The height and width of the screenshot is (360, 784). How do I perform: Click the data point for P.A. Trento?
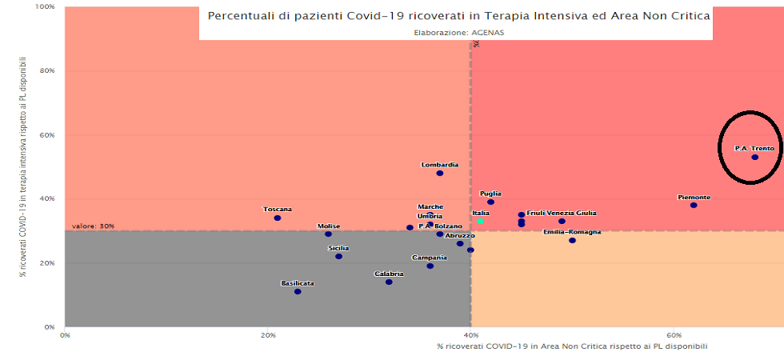tap(754, 157)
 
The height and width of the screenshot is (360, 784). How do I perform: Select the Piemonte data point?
tap(694, 205)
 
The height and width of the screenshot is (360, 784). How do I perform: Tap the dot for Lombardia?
tap(439, 173)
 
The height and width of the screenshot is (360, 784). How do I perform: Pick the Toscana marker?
tap(277, 218)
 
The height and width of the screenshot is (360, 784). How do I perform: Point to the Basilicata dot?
tap(298, 291)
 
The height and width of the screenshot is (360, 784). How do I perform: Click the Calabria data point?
tap(389, 282)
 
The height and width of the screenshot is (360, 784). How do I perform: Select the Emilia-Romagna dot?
tap(572, 240)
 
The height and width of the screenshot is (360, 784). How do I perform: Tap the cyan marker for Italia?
tap(481, 221)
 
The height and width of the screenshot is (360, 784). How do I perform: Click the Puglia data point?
tap(490, 202)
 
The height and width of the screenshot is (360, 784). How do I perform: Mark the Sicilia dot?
tap(338, 256)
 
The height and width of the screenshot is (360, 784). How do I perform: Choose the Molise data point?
tap(328, 234)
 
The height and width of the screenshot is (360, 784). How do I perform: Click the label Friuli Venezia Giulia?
tap(561, 214)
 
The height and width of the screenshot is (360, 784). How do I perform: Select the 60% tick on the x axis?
tap(674, 334)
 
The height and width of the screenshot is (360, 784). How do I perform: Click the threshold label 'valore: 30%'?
tap(93, 226)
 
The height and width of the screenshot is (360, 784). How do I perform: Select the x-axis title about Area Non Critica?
tap(572, 346)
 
